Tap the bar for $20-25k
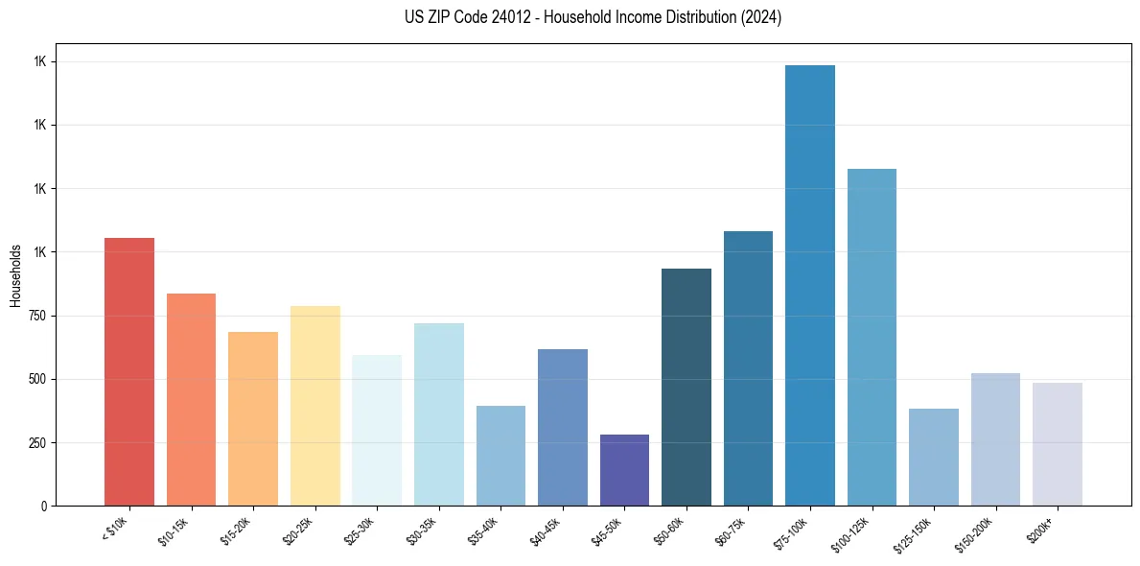(314, 406)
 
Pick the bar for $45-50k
(624, 470)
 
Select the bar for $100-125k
(872, 337)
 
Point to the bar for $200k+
(1058, 444)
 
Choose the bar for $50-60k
(686, 387)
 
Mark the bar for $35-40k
(500, 456)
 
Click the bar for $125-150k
(934, 457)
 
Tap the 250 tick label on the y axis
(36, 443)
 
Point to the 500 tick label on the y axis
(36, 380)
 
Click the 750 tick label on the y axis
(36, 316)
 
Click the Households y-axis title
(15, 274)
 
